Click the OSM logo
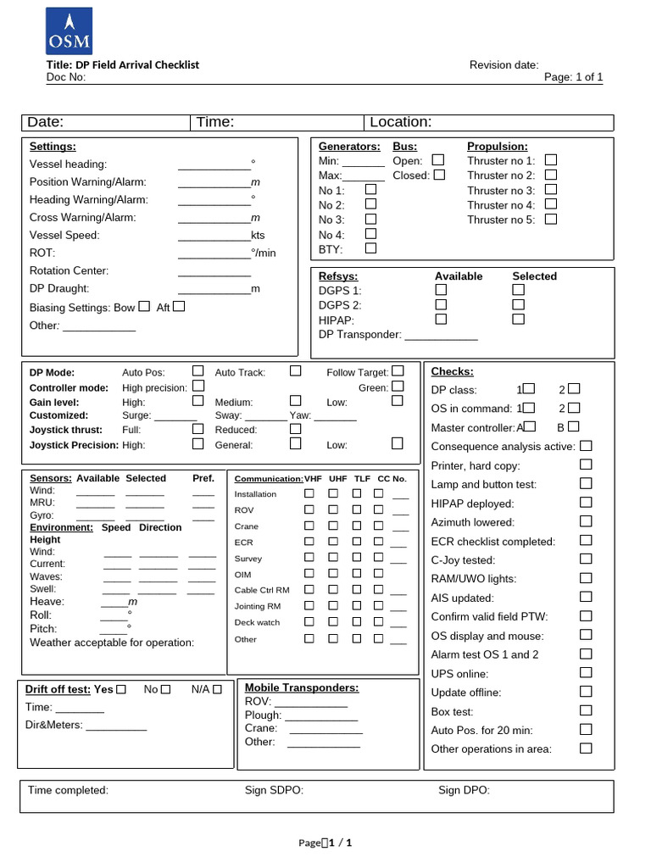tap(69, 31)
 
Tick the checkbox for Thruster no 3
tap(551, 190)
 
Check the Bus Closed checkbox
tap(439, 175)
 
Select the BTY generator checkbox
tap(370, 248)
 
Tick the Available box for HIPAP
tap(441, 320)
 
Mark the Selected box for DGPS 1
tap(518, 290)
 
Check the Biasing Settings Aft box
tap(179, 307)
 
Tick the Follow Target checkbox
tap(398, 371)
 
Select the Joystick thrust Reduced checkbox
tap(295, 429)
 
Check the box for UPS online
tap(586, 673)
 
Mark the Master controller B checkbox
tap(574, 427)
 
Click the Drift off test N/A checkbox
tap(218, 689)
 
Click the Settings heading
tap(53, 146)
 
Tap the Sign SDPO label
tap(274, 790)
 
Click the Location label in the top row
tap(400, 122)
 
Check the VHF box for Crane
tap(309, 526)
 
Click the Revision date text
tap(504, 65)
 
